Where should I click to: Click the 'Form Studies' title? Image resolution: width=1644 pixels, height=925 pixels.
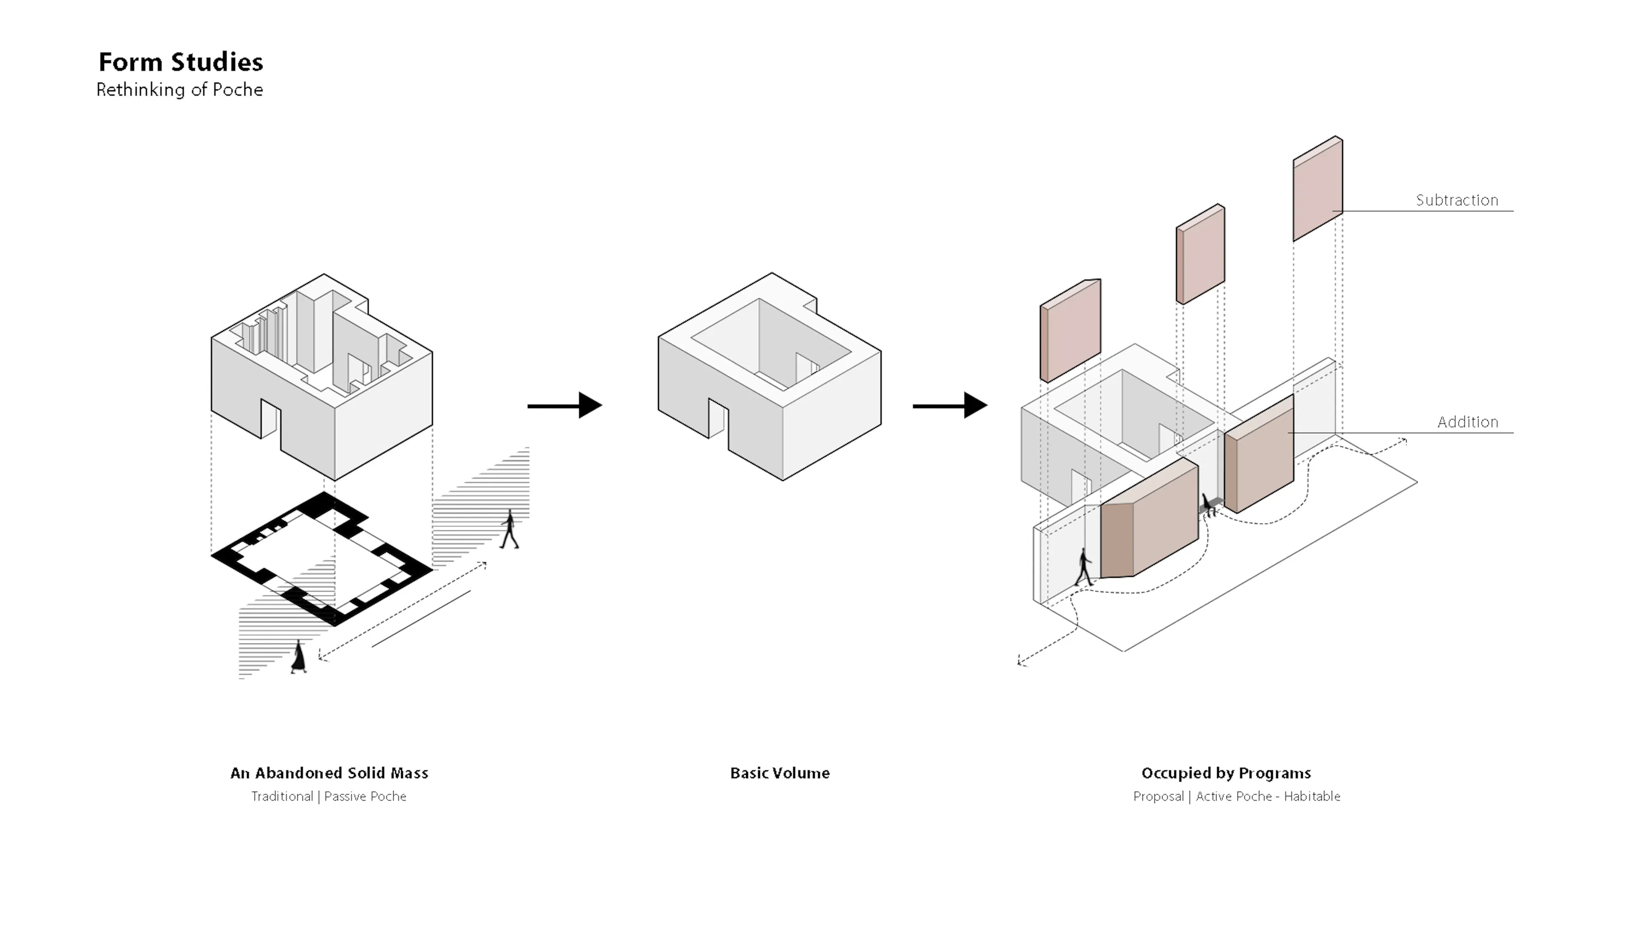point(181,63)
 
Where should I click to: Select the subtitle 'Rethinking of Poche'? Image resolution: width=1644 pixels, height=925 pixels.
point(179,90)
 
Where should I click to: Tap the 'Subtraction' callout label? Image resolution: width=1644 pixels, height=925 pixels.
point(1456,200)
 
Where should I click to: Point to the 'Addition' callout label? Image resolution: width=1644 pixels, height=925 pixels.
point(1467,422)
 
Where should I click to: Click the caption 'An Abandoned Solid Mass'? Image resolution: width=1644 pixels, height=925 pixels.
point(329,773)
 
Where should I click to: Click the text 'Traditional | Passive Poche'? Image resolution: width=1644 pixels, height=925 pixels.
point(329,796)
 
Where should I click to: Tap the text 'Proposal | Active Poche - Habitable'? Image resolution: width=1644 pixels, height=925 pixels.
point(1236,796)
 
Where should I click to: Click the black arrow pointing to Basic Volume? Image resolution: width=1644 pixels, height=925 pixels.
point(565,406)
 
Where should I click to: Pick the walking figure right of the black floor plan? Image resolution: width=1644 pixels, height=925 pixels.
point(509,529)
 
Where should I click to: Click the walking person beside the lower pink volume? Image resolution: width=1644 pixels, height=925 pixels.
point(1084,567)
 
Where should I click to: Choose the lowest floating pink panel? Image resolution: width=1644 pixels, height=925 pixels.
point(1070,330)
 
